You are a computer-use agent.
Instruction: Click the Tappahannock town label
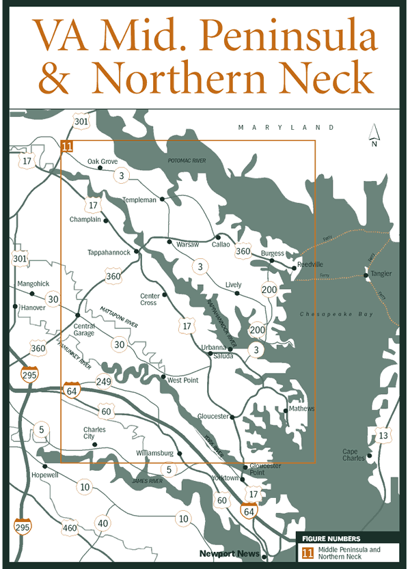click(109, 252)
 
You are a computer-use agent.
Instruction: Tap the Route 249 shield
click(104, 382)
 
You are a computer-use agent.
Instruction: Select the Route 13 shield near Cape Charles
click(383, 436)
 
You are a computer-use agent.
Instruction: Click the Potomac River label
click(187, 161)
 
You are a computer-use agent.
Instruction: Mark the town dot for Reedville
click(294, 268)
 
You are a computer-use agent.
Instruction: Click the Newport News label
click(230, 553)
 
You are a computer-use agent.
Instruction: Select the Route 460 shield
click(70, 527)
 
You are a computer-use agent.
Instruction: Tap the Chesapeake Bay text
click(329, 314)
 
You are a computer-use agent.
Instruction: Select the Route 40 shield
click(102, 523)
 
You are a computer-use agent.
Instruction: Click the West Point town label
click(183, 380)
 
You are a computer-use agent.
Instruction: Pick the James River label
click(146, 481)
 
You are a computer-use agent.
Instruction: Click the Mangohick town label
click(33, 283)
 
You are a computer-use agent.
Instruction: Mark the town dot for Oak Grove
click(100, 167)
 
